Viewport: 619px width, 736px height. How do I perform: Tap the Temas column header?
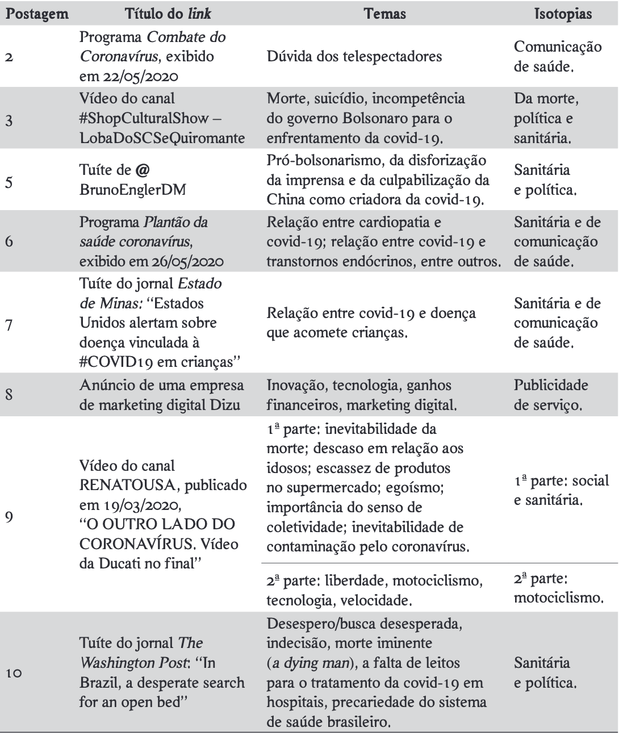click(384, 13)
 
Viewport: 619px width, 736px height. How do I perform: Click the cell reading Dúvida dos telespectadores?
click(354, 57)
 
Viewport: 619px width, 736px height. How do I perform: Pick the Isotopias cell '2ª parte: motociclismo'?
click(558, 588)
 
